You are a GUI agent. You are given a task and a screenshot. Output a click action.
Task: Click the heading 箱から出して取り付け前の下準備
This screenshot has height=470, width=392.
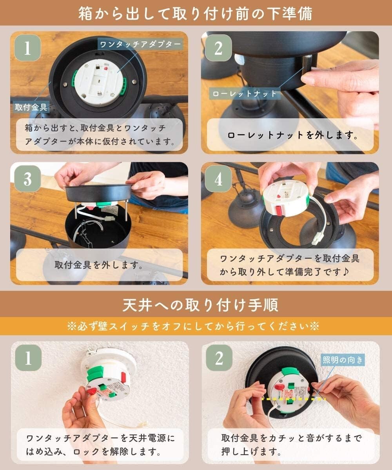(x=196, y=13)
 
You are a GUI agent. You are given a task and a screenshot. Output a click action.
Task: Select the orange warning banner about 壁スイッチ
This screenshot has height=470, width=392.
(x=196, y=326)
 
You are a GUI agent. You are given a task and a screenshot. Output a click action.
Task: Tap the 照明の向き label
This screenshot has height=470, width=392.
(x=343, y=359)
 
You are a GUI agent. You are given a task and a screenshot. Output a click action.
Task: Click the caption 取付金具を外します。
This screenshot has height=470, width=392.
(x=98, y=265)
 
